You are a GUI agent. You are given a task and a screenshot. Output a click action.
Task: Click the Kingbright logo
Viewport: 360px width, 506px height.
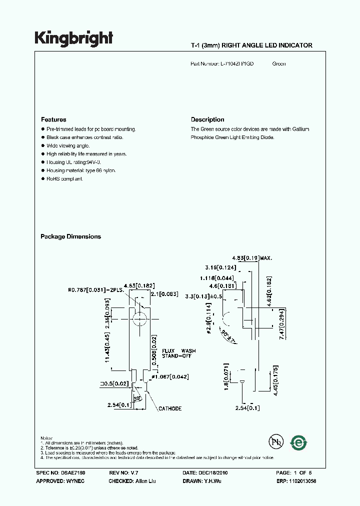click(x=73, y=38)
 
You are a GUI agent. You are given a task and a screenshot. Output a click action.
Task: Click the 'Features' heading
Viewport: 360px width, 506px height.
click(x=53, y=120)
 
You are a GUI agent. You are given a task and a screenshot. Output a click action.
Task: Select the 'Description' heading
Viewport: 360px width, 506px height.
click(x=207, y=120)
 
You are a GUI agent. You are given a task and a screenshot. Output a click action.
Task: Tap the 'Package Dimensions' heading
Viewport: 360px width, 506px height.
click(x=70, y=237)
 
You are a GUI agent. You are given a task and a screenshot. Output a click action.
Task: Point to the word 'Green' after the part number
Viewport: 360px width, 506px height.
click(x=279, y=64)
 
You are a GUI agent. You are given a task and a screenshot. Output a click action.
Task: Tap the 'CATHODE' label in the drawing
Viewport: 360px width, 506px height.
click(x=170, y=409)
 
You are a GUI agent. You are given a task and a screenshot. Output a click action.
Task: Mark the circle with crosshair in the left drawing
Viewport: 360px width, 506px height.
click(x=140, y=318)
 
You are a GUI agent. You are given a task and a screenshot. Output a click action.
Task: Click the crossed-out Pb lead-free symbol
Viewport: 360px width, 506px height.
click(x=275, y=442)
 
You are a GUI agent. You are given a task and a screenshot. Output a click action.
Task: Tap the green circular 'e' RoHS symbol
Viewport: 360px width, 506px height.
click(x=299, y=442)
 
